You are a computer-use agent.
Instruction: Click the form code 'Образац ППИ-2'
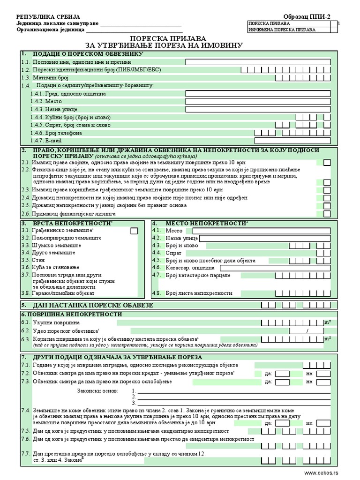click(307, 15)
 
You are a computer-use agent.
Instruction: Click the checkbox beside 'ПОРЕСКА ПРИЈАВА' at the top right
click(333, 23)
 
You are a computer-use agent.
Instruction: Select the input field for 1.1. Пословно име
click(258, 62)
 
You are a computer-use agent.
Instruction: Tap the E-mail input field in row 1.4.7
click(292, 141)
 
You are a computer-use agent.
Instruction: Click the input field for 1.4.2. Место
click(258, 101)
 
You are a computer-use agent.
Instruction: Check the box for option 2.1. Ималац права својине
click(327, 162)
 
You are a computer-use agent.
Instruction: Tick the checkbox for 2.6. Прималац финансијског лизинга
click(327, 214)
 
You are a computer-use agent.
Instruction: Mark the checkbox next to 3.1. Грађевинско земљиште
click(134, 231)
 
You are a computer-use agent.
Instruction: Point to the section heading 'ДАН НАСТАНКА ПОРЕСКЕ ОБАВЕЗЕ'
click(93, 305)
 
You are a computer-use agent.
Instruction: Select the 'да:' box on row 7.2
click(282, 374)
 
